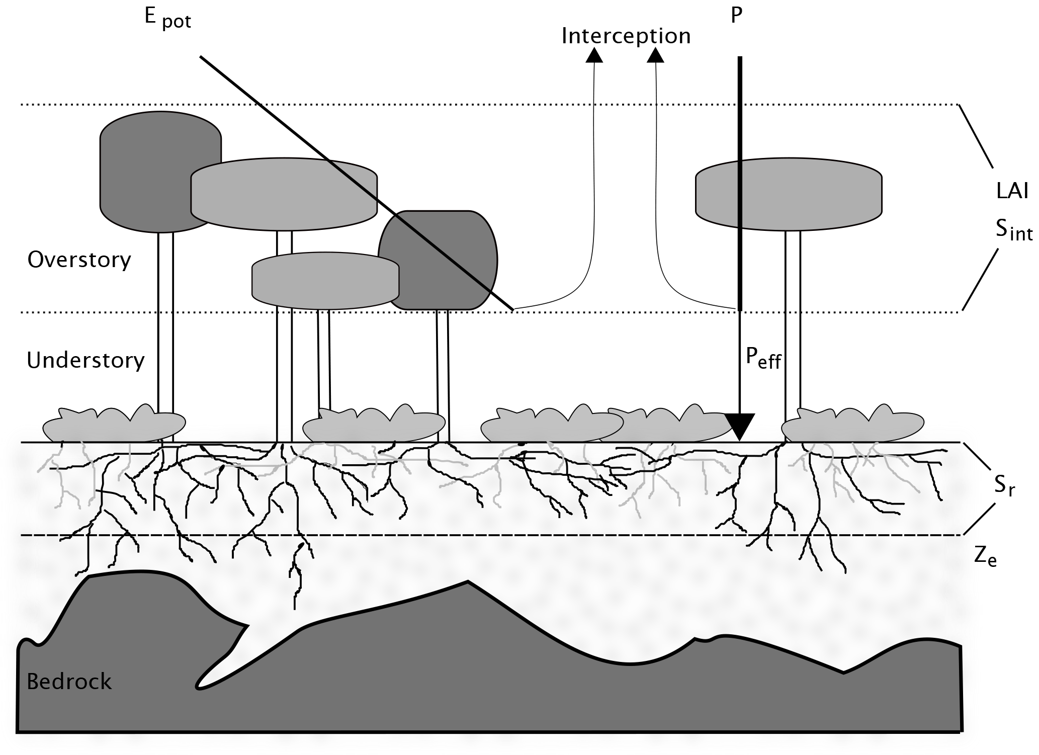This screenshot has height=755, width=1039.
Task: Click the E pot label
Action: click(167, 18)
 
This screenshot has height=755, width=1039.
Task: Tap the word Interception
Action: click(626, 36)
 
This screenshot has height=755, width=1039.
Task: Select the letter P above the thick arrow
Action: click(736, 16)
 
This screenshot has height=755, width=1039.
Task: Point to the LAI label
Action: click(1012, 192)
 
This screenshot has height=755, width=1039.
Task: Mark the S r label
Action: click(1004, 486)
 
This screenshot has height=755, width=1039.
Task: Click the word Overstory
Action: click(79, 260)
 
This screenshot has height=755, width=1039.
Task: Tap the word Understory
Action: click(85, 361)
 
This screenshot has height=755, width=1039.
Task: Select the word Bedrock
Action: click(69, 682)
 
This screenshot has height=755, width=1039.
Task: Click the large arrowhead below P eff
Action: click(740, 427)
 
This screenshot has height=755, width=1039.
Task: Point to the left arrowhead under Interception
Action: click(595, 55)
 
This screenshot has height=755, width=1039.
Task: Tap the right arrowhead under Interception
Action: click(655, 55)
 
